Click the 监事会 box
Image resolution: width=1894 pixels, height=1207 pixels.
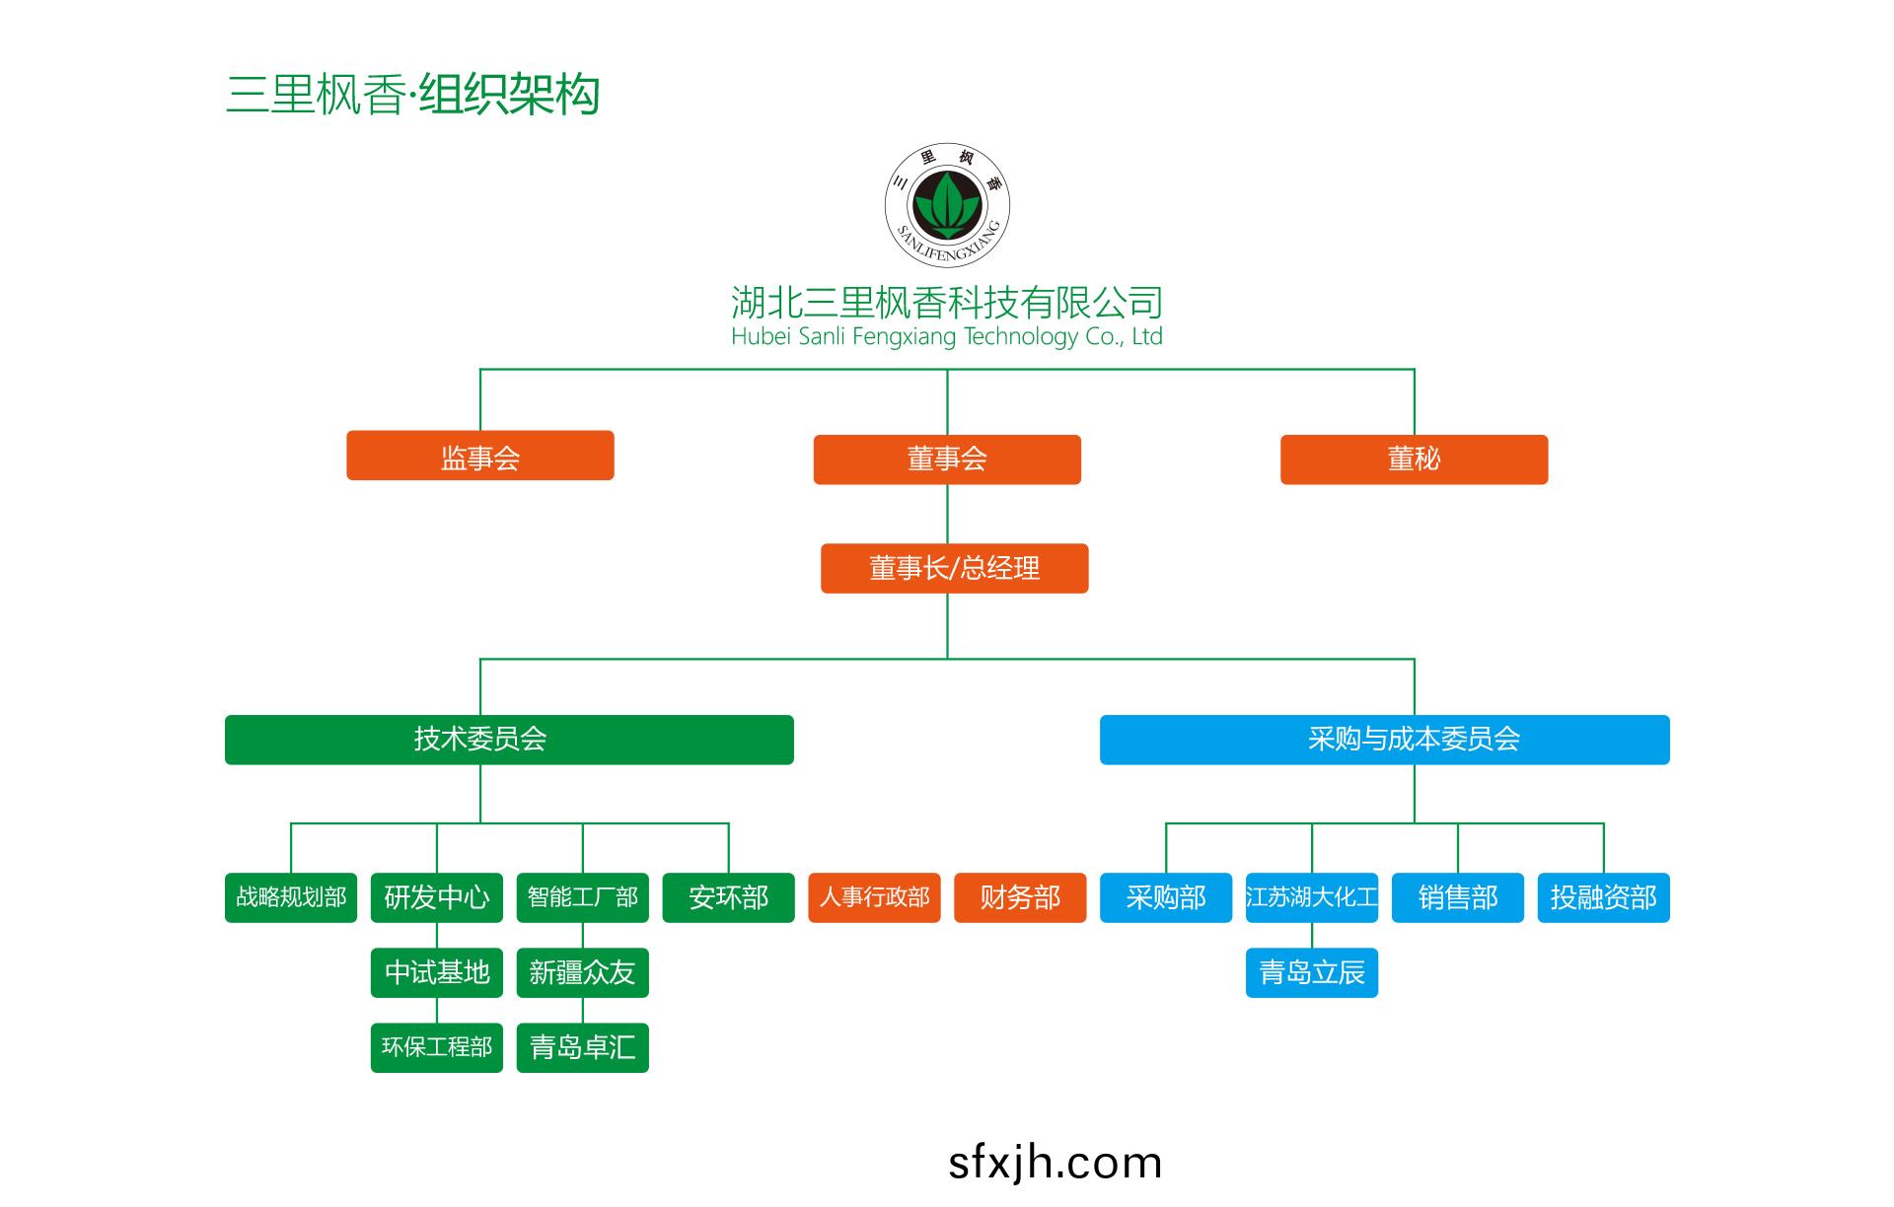tap(479, 456)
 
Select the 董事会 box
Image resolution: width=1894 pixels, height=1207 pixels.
tap(947, 460)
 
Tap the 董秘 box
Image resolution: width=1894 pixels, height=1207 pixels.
tap(1414, 460)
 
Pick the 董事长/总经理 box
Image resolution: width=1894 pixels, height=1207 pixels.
tap(954, 568)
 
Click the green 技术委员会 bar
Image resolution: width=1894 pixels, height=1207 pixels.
tap(509, 740)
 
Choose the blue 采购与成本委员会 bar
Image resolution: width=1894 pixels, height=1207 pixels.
tap(1384, 740)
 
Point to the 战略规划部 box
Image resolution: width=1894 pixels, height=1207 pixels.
tap(291, 897)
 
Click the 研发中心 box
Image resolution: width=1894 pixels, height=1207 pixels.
tap(437, 897)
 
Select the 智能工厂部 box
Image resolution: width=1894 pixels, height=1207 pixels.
tap(582, 897)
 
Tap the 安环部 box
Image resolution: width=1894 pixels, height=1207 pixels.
tap(728, 897)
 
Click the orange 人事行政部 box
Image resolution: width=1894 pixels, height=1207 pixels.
tap(874, 897)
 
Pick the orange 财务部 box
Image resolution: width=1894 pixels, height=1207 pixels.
tap(1020, 897)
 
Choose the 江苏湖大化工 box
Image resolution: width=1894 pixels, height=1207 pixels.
tap(1311, 897)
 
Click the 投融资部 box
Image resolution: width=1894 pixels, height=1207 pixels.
tap(1603, 897)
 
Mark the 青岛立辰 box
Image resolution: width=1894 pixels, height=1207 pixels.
tap(1311, 973)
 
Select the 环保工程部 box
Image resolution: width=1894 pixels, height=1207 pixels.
tap(437, 1047)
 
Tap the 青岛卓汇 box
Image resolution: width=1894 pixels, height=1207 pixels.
tap(582, 1047)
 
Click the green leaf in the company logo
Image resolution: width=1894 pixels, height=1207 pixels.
tap(947, 201)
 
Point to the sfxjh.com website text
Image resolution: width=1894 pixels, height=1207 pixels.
tap(1055, 1164)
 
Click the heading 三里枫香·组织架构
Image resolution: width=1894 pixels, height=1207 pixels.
tap(412, 95)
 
